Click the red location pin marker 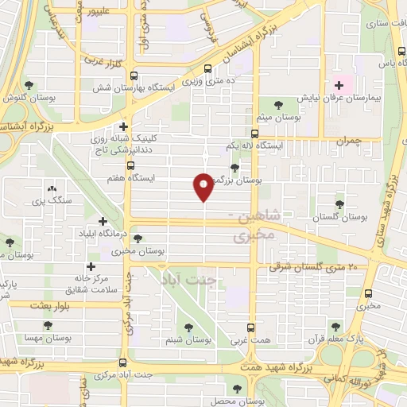[x=203, y=186]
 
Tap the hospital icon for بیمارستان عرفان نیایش [x=340, y=85]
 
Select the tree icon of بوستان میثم [x=278, y=104]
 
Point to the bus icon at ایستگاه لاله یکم [x=254, y=134]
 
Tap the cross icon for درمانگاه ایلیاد [x=103, y=221]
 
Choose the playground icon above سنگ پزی [x=52, y=189]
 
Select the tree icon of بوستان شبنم [x=189, y=328]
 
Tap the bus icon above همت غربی [x=251, y=328]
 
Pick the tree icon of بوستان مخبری [x=138, y=238]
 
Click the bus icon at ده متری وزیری [x=208, y=69]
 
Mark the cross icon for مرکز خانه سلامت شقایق [x=91, y=266]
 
